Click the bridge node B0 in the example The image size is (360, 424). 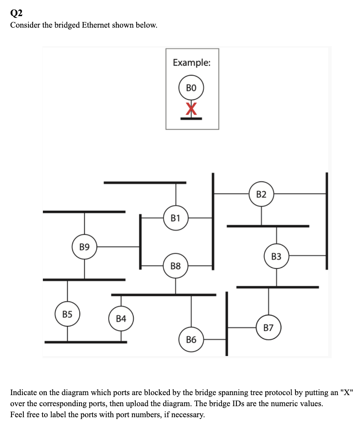[x=191, y=88]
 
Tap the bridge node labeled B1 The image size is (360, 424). [x=176, y=218]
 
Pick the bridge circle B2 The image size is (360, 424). [x=262, y=194]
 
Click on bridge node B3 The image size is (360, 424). [x=276, y=256]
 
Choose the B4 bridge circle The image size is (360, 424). [x=121, y=318]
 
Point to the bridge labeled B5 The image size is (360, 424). [x=67, y=314]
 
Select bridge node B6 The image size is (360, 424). [x=191, y=339]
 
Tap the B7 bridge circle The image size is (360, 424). [x=268, y=328]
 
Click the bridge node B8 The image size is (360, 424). [x=176, y=266]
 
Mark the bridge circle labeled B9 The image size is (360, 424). [x=84, y=246]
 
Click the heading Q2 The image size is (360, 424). [x=16, y=13]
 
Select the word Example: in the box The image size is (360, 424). [x=191, y=62]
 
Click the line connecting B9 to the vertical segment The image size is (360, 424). [x=118, y=246]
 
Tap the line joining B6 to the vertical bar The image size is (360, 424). [x=215, y=339]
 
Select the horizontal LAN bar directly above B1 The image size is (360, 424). [x=145, y=183]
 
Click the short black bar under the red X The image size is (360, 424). [x=191, y=118]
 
